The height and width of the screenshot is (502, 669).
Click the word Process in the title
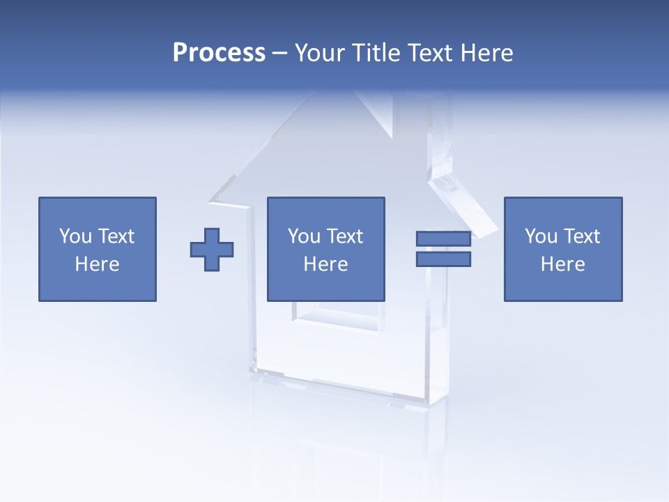(x=219, y=53)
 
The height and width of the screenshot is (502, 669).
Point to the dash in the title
(x=280, y=54)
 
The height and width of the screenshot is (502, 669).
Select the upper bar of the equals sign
(x=443, y=238)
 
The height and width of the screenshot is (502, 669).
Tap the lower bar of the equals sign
(x=443, y=259)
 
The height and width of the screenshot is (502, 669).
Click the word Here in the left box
(x=98, y=264)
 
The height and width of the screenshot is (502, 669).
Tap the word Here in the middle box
(x=326, y=264)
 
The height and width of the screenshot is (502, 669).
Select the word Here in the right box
(x=563, y=264)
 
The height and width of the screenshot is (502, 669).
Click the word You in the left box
(x=75, y=236)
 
